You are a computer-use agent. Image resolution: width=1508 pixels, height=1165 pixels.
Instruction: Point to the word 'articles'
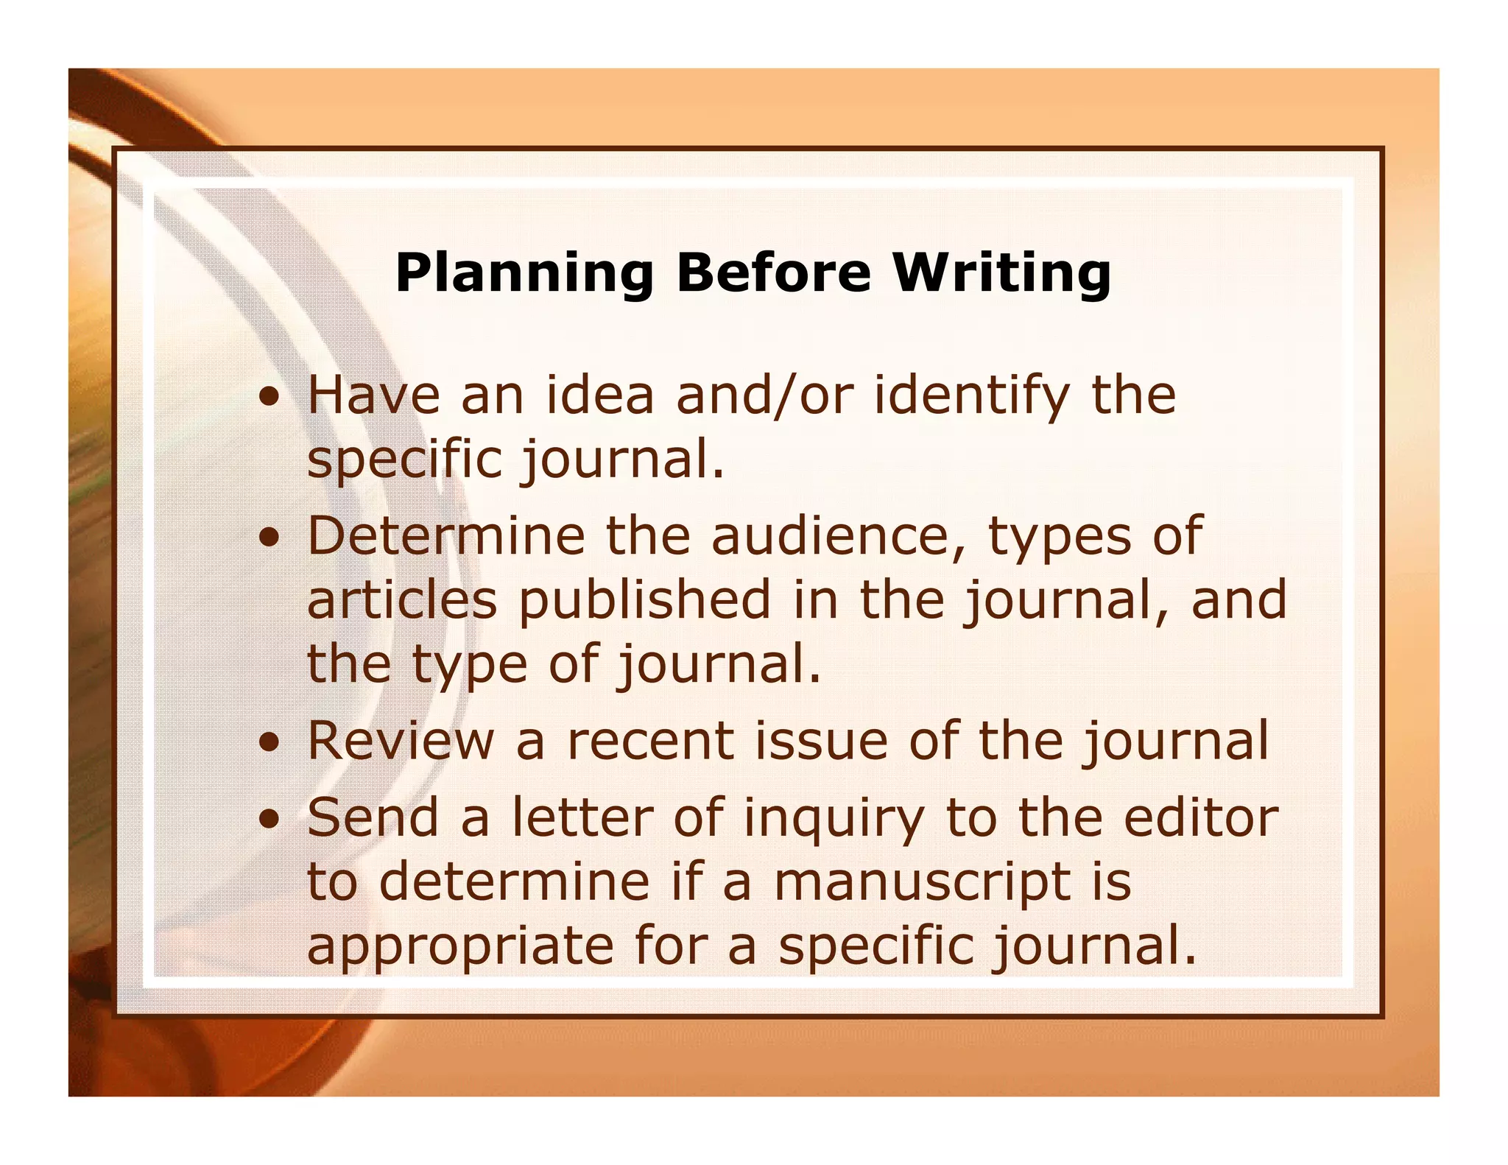pos(402,599)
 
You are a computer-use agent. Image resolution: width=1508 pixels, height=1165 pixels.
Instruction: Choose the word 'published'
pos(645,601)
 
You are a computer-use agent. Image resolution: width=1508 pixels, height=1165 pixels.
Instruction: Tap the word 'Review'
pos(401,741)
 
